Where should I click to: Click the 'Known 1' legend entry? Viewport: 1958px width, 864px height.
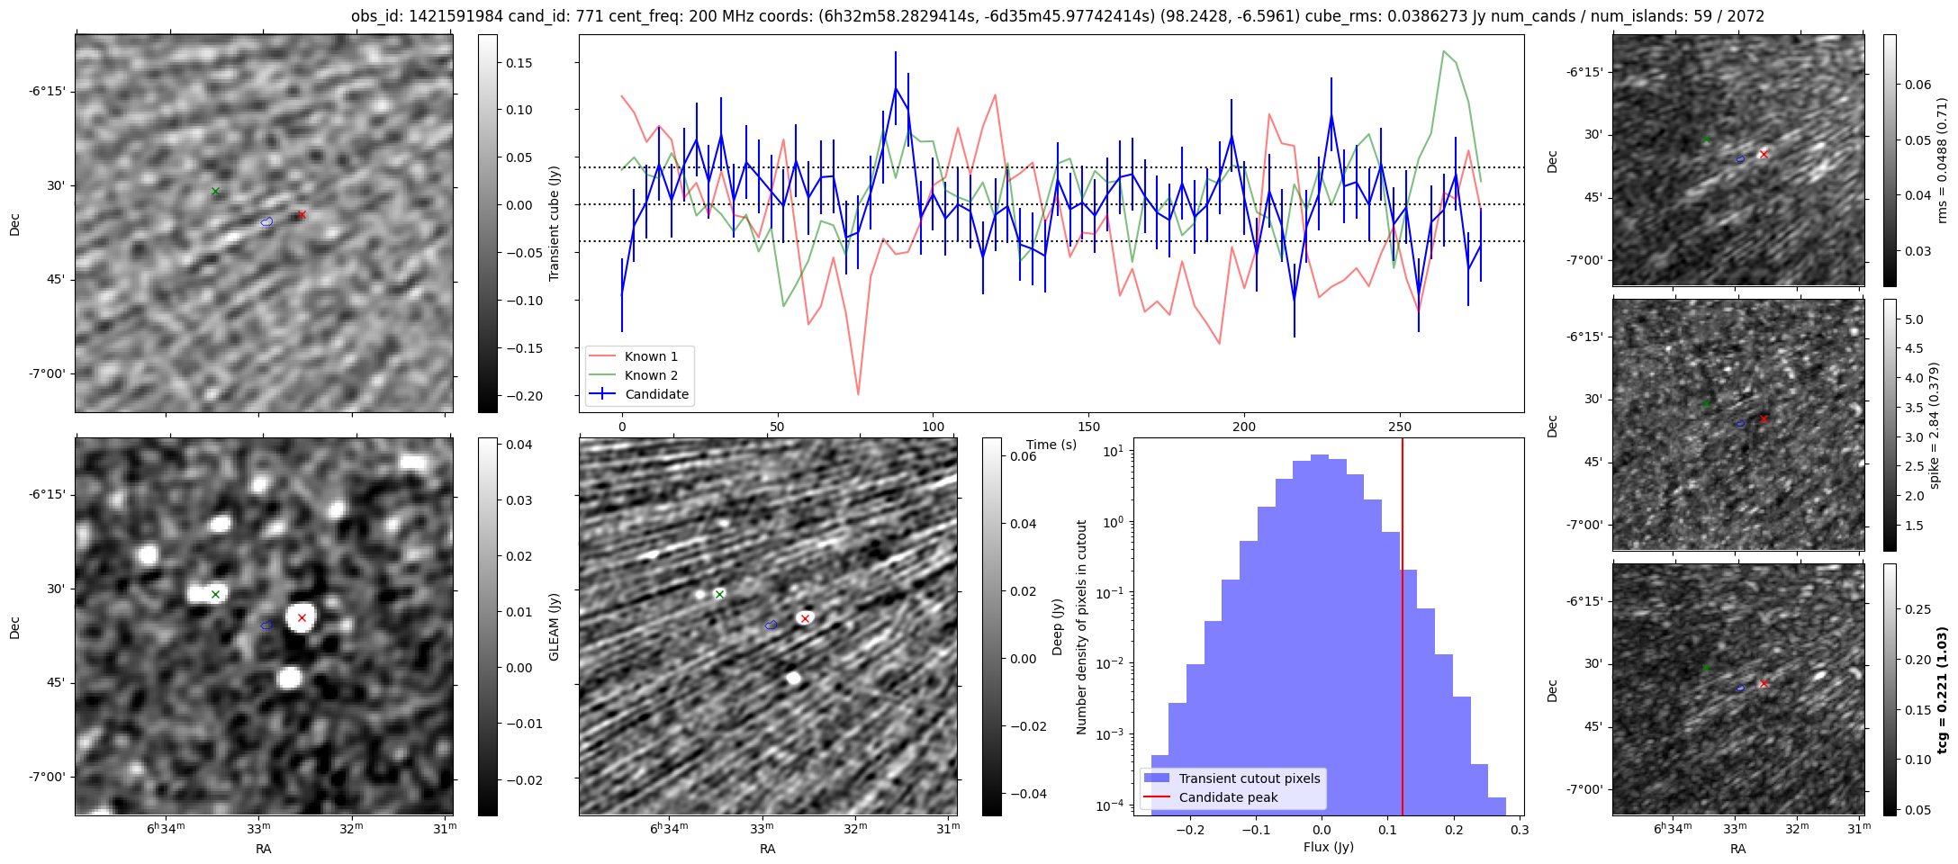(650, 356)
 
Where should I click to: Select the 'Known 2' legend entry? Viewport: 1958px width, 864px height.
(650, 375)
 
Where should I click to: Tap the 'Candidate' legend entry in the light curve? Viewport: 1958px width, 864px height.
(656, 394)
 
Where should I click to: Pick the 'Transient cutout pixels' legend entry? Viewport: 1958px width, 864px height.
(1249, 778)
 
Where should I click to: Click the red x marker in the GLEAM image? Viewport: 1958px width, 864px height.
(302, 617)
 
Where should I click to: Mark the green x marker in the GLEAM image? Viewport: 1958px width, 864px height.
(215, 594)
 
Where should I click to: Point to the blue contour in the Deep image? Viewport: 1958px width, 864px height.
(771, 625)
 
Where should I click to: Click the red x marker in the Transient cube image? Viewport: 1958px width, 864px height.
(302, 214)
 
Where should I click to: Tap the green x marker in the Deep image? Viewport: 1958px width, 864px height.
(719, 594)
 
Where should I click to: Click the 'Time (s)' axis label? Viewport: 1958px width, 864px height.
(1051, 445)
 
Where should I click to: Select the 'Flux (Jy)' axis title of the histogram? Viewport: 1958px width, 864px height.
(1328, 847)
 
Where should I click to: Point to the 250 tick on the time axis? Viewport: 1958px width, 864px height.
(1400, 427)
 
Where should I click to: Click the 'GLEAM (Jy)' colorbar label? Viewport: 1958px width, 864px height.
(554, 626)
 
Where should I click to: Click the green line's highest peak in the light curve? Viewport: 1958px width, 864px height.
(1443, 50)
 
